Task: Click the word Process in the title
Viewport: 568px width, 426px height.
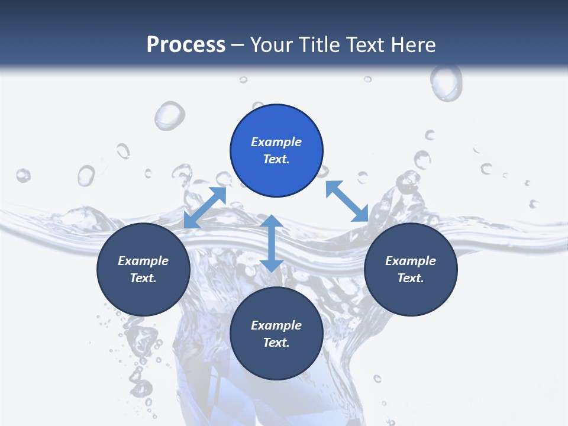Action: tap(186, 45)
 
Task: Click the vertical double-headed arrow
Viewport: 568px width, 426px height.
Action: tap(272, 243)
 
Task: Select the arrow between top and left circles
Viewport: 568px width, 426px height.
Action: tap(205, 207)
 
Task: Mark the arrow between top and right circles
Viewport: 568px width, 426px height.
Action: tap(347, 201)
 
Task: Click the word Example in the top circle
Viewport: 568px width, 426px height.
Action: tap(276, 142)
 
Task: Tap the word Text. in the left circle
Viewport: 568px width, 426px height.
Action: tap(143, 278)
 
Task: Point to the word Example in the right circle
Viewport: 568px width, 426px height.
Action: tap(411, 261)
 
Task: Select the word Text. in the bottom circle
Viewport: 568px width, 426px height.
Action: tap(276, 343)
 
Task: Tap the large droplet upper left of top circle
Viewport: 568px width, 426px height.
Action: tap(170, 115)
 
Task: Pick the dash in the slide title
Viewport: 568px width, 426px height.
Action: tap(238, 45)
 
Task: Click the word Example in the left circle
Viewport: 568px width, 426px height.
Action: tap(143, 261)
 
